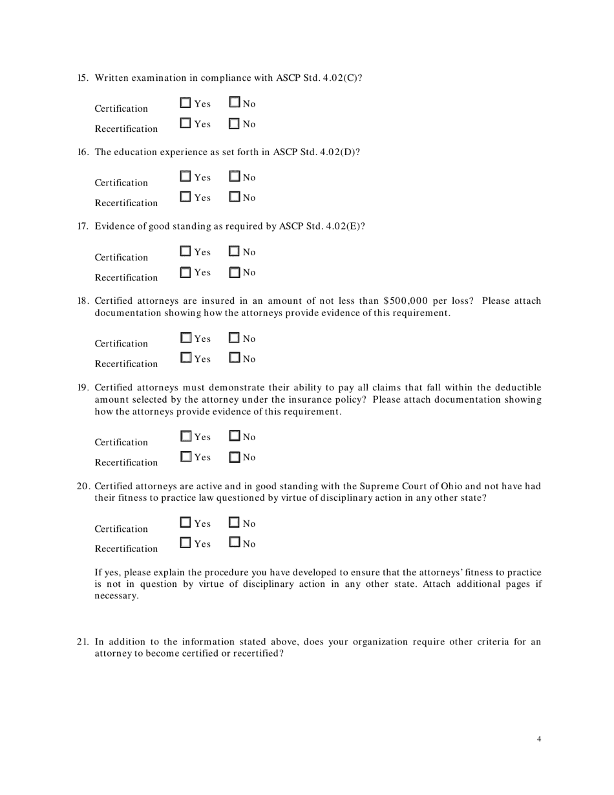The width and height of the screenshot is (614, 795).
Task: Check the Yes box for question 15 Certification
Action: [x=185, y=103]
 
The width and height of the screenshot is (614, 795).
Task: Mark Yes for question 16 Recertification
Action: [x=185, y=197]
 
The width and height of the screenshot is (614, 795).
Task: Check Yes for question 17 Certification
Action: [x=185, y=251]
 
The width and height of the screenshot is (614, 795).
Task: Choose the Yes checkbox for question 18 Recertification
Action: [x=185, y=358]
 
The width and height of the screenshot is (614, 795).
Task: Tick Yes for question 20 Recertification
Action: [x=185, y=544]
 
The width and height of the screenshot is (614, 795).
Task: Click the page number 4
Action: [x=539, y=739]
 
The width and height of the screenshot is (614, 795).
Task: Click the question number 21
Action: [x=83, y=642]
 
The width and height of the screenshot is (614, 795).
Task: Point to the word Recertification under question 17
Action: [x=126, y=278]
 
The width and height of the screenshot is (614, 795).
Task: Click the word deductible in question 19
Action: [x=518, y=388]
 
